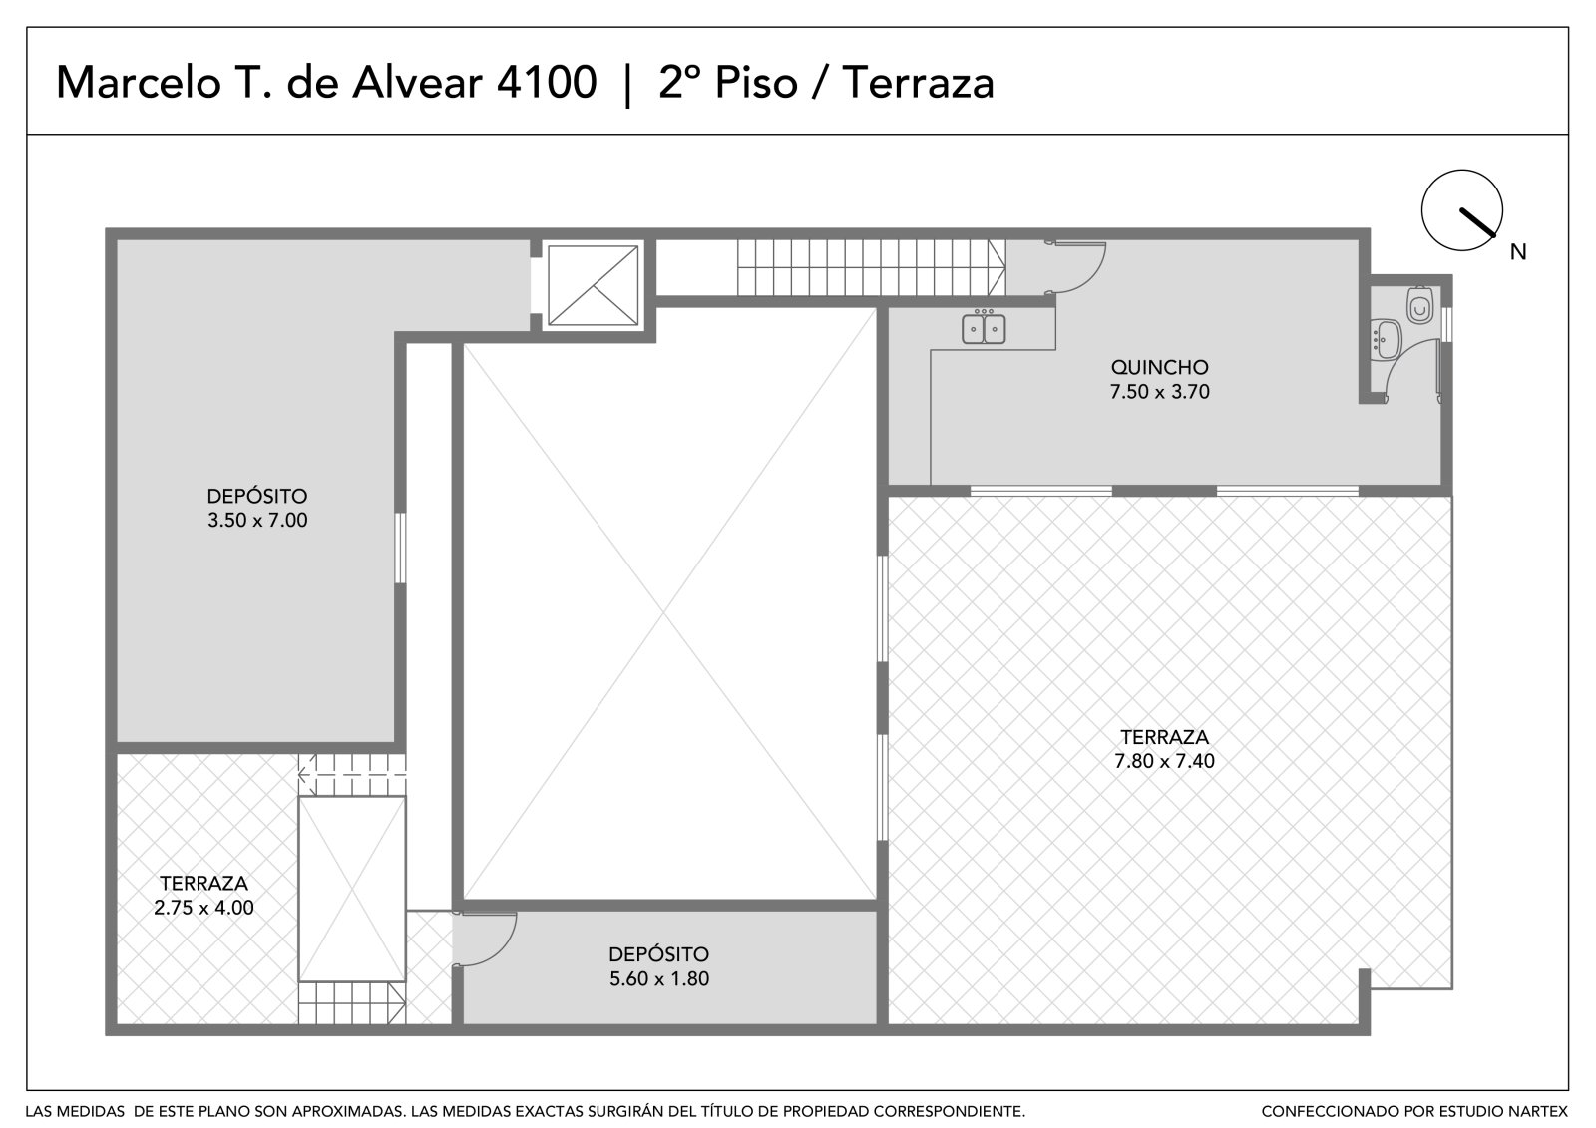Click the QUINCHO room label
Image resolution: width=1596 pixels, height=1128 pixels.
[1159, 368]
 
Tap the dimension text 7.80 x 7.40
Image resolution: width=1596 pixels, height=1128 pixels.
[1164, 761]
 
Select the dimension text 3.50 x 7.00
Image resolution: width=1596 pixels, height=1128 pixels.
[257, 521]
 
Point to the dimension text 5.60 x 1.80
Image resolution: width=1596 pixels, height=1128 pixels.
[659, 979]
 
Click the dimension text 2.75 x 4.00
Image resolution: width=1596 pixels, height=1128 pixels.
[203, 908]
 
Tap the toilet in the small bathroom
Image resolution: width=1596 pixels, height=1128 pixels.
[1419, 306]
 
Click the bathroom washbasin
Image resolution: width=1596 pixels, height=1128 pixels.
[1386, 339]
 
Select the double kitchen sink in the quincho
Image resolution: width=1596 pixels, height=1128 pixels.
[984, 328]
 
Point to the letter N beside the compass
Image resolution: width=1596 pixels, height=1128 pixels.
[1517, 252]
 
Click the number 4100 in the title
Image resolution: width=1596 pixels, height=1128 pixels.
[546, 82]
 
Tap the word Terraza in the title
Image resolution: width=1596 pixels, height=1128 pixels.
[919, 82]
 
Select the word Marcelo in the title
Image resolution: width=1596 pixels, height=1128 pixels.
[139, 82]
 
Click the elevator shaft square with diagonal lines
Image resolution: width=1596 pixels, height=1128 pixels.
[593, 286]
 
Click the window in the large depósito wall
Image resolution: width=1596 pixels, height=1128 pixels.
[400, 548]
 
